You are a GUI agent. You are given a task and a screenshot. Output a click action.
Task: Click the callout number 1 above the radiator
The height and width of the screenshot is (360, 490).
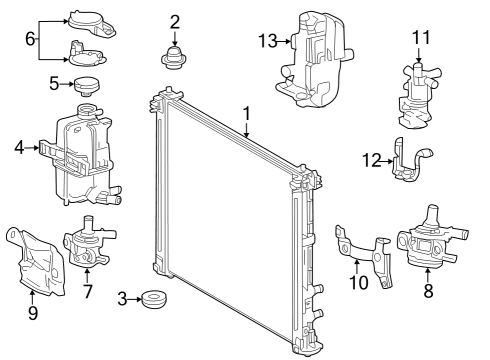(245, 115)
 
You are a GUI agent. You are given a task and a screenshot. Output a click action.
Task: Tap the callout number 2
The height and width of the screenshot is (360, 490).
(175, 20)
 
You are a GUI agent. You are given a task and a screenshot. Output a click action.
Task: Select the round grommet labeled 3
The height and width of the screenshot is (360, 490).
(154, 299)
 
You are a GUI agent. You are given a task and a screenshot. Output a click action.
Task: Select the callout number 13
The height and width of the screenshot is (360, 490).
(265, 40)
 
